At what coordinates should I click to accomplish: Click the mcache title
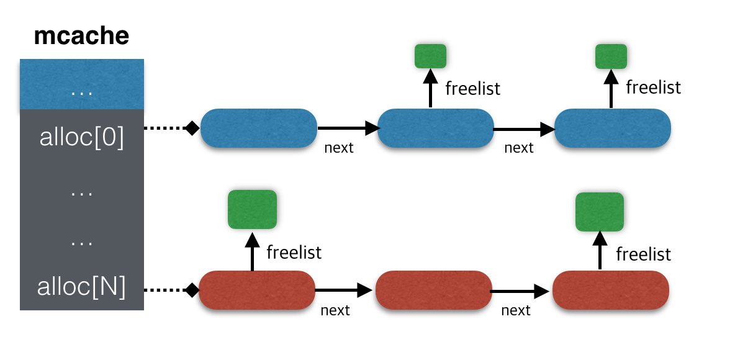point(81,36)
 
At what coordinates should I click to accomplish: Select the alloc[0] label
point(81,138)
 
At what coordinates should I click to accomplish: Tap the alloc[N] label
point(81,287)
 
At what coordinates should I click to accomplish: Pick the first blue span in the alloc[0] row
point(259,128)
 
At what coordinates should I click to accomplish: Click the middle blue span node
point(435,128)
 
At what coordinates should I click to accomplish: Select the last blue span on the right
point(613,128)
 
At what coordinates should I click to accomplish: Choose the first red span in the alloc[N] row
point(256,290)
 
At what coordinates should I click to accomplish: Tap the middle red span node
point(433,290)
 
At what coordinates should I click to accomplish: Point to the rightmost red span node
point(610,290)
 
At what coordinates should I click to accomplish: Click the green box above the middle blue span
point(430,56)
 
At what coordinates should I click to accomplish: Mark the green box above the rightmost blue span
point(611,56)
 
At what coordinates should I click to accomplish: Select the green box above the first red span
point(252,209)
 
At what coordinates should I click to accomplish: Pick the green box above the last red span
point(600,211)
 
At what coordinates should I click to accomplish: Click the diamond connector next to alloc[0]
point(192,128)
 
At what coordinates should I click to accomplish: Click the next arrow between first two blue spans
point(348,128)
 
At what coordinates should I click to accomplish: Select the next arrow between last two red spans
point(521,290)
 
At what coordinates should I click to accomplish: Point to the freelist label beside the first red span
point(294,253)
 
